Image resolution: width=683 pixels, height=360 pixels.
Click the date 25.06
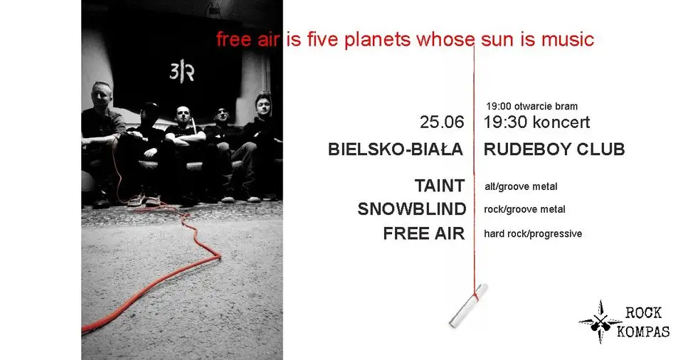[442, 122]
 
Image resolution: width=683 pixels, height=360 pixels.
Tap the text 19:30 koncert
[536, 122]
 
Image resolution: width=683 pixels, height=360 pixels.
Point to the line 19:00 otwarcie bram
[532, 106]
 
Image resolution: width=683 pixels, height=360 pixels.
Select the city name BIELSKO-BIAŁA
[395, 149]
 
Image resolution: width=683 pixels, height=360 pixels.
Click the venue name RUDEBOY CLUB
[554, 149]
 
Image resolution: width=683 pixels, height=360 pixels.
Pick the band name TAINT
[440, 186]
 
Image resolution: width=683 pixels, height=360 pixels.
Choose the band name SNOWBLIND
[412, 209]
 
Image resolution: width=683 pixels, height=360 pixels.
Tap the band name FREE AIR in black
[424, 233]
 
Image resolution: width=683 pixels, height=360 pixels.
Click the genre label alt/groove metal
[521, 187]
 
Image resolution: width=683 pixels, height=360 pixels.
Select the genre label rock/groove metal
[524, 210]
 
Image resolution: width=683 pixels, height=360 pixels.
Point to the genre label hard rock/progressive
[533, 234]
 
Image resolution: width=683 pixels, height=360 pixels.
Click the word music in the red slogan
[568, 40]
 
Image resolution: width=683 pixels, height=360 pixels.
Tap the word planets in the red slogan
[377, 40]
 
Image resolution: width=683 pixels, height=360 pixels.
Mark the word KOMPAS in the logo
[643, 332]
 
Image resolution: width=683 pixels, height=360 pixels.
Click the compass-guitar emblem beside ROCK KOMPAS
[600, 322]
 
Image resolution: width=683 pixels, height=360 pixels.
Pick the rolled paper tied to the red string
[469, 305]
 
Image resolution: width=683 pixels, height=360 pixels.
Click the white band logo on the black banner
[181, 70]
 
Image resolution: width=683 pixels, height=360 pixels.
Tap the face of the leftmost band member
[102, 95]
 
